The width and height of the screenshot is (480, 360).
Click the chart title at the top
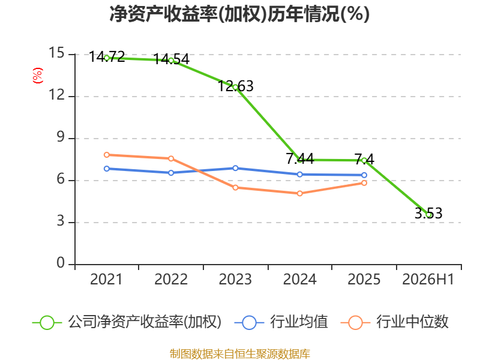[239, 14]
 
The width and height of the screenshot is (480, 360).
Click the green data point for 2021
[107, 58]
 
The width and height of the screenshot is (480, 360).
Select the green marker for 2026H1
[429, 215]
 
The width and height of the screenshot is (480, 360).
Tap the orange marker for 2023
[235, 188]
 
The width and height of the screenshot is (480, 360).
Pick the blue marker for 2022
[171, 173]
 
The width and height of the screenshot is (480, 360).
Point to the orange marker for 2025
[364, 183]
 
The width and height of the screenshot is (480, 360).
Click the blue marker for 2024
[300, 175]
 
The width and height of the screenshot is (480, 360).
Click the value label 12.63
[236, 86]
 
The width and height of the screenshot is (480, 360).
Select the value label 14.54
[172, 59]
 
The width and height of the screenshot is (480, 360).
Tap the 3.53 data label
[428, 213]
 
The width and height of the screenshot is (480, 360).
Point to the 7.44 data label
[300, 158]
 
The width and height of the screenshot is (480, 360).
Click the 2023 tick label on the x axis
[235, 279]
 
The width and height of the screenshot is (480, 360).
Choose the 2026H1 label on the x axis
[428, 279]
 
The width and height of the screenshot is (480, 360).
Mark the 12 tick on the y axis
[57, 95]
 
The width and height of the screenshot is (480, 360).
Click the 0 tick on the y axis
[61, 263]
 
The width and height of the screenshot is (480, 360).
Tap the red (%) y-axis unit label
[38, 76]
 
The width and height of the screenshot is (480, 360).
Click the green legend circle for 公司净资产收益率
[47, 323]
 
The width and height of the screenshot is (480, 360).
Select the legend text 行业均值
[299, 322]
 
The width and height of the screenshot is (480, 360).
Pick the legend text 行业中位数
[412, 322]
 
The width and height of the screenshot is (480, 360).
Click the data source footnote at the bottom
[240, 354]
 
